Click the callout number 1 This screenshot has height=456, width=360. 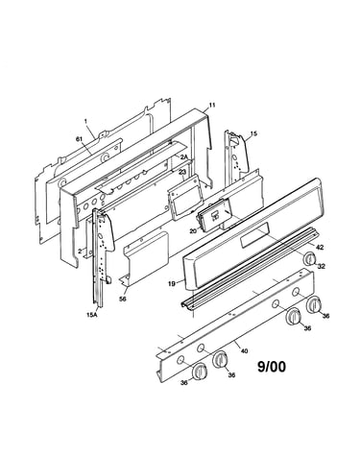(85, 121)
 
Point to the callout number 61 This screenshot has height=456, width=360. (78, 138)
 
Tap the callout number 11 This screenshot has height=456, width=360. (212, 105)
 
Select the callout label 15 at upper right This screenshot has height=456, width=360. (253, 133)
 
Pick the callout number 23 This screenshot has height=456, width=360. (182, 172)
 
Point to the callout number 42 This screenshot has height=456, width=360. (320, 247)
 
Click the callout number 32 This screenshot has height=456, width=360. (322, 266)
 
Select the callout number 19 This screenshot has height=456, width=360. (172, 283)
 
